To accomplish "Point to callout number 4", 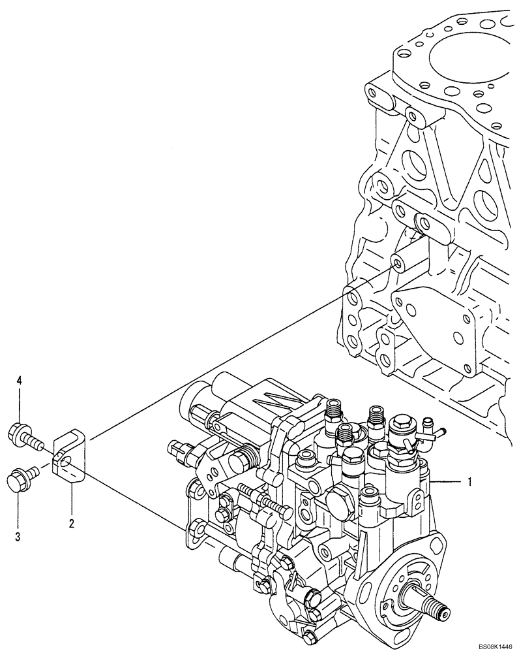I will point(20,379).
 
